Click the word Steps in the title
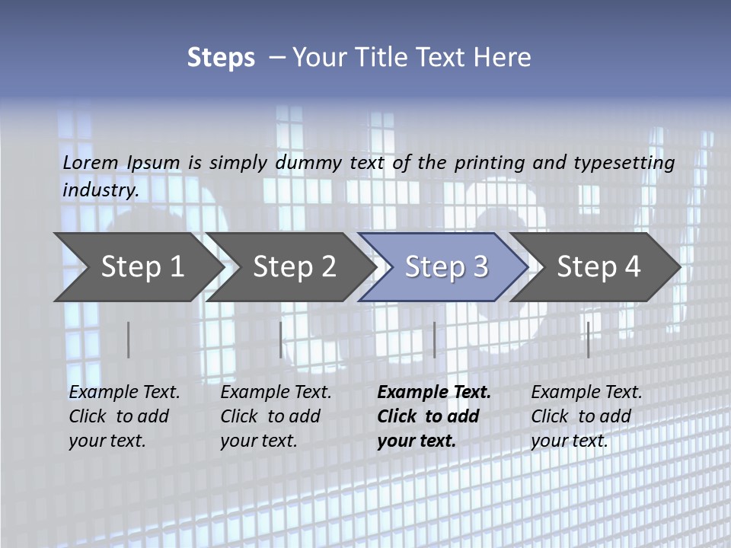221,58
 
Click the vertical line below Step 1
129,339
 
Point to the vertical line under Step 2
281,339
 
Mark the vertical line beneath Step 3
434,339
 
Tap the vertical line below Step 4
588,339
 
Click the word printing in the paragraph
490,162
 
